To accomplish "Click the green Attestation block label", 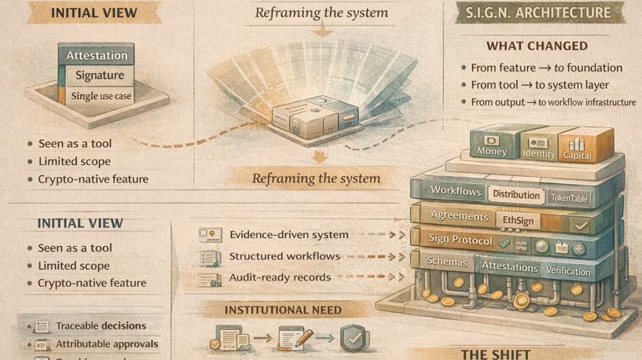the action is click(x=97, y=56).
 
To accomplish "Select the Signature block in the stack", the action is click(x=100, y=76).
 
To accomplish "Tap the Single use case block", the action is click(x=101, y=96).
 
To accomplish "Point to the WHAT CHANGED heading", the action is click(x=537, y=46).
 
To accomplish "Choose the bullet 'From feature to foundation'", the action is click(x=546, y=68).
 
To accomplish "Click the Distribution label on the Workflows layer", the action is click(x=516, y=194).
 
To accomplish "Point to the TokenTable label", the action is click(x=568, y=198).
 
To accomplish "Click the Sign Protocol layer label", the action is click(x=461, y=240).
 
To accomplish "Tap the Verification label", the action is click(x=567, y=271).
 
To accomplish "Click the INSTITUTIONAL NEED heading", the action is click(x=283, y=310).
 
